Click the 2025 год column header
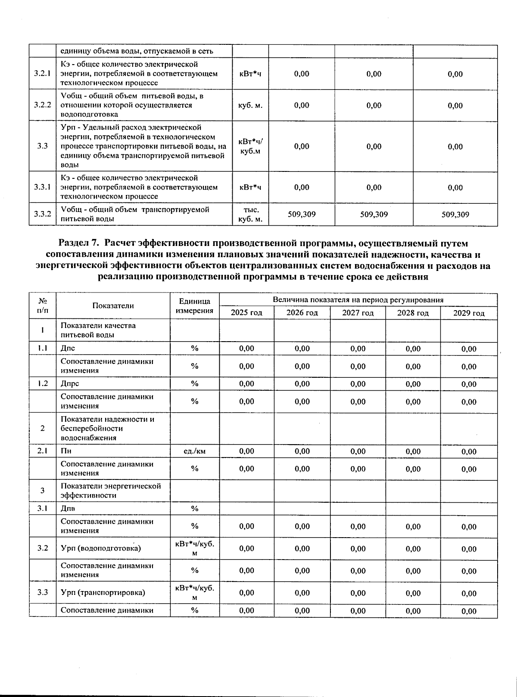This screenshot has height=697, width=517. (246, 313)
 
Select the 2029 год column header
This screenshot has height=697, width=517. (469, 313)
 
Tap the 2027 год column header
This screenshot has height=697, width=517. (358, 313)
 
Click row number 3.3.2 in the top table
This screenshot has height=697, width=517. (42, 214)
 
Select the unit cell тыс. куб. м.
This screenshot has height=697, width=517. (250, 214)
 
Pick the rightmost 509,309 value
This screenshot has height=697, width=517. (455, 215)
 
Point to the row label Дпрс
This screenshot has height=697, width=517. (70, 383)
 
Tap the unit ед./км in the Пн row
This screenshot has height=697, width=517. (194, 451)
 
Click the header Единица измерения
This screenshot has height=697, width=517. (195, 306)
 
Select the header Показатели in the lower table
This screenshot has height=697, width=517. (113, 305)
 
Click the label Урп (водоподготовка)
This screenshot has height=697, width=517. (101, 548)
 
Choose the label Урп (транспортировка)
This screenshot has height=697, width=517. (103, 592)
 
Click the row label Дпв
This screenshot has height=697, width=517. (68, 508)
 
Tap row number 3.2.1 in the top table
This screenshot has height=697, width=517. (42, 73)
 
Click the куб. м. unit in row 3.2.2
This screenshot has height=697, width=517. (250, 105)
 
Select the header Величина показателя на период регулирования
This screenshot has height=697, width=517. (358, 300)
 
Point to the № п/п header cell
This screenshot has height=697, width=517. (42, 305)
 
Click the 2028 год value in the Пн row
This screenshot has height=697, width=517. (413, 451)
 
